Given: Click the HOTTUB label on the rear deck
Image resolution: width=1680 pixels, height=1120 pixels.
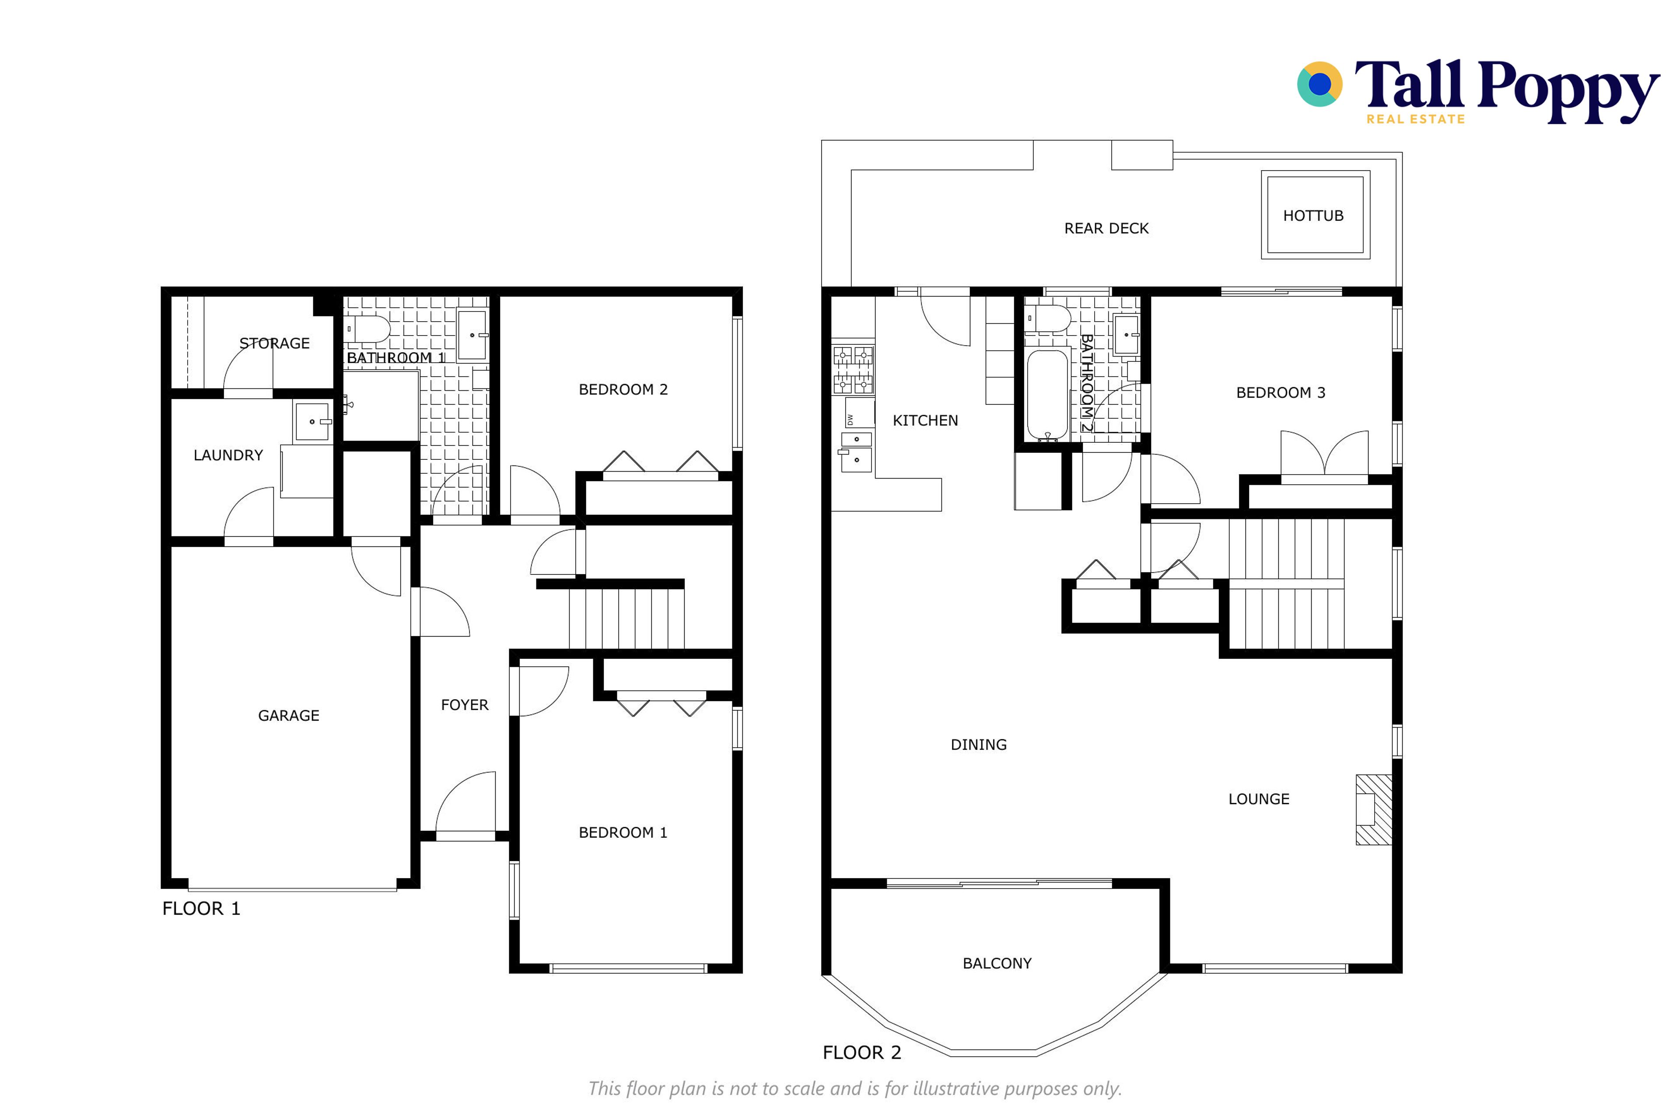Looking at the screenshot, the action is point(1313,216).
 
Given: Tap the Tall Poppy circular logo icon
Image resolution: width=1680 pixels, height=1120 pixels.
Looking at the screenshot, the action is point(1319,84).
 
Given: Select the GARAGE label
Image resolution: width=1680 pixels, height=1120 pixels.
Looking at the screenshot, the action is point(289,716).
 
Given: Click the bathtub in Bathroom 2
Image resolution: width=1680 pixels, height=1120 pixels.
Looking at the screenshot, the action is point(1047,395).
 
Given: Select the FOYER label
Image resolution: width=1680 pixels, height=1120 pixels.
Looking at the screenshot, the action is point(464,705).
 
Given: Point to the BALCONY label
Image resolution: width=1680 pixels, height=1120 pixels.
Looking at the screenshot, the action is point(997,963).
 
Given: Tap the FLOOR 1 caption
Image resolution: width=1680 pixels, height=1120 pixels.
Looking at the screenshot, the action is point(201,909).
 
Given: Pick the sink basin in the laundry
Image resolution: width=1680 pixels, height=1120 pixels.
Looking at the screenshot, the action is point(312,421).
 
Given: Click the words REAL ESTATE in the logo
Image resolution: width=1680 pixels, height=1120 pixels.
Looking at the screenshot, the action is point(1416,119).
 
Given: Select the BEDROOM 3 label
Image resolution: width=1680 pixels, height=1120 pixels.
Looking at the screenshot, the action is point(1281,393).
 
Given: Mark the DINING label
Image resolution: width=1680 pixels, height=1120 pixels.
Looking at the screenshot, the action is point(979,745).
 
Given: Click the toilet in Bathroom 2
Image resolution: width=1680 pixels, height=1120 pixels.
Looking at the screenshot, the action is point(1048,318).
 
